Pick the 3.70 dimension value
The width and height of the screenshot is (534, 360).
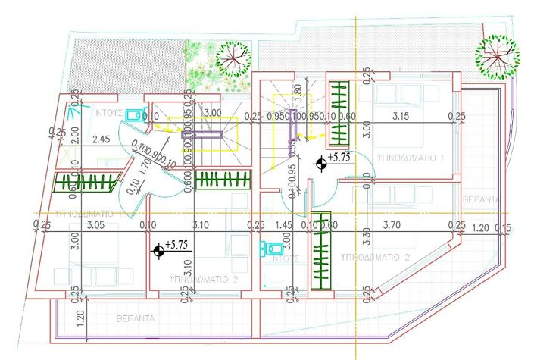click(392, 224)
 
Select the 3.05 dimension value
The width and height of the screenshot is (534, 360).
click(95, 224)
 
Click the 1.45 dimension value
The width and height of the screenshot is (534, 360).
click(284, 224)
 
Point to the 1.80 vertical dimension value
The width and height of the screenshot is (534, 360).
click(297, 92)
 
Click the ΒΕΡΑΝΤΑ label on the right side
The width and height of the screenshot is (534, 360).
click(481, 199)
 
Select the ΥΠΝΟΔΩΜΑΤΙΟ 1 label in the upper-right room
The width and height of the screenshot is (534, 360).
click(410, 156)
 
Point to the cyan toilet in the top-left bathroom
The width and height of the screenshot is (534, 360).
click(136, 114)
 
